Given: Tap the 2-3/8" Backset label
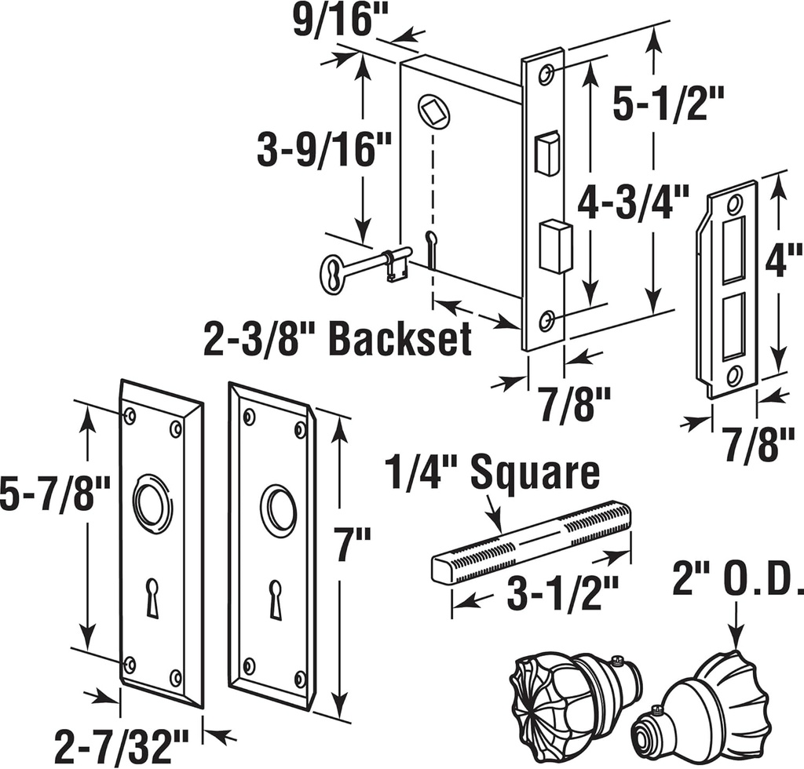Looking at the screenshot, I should pyautogui.click(x=338, y=339).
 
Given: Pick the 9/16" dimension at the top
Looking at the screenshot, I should pyautogui.click(x=340, y=21).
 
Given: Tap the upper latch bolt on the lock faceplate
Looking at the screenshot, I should pyautogui.click(x=546, y=153).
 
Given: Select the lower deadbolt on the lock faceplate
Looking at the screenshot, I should pyautogui.click(x=555, y=245).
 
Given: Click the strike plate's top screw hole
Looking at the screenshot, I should pyautogui.click(x=734, y=206).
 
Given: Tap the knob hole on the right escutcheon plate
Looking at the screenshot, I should pyautogui.click(x=279, y=511).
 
